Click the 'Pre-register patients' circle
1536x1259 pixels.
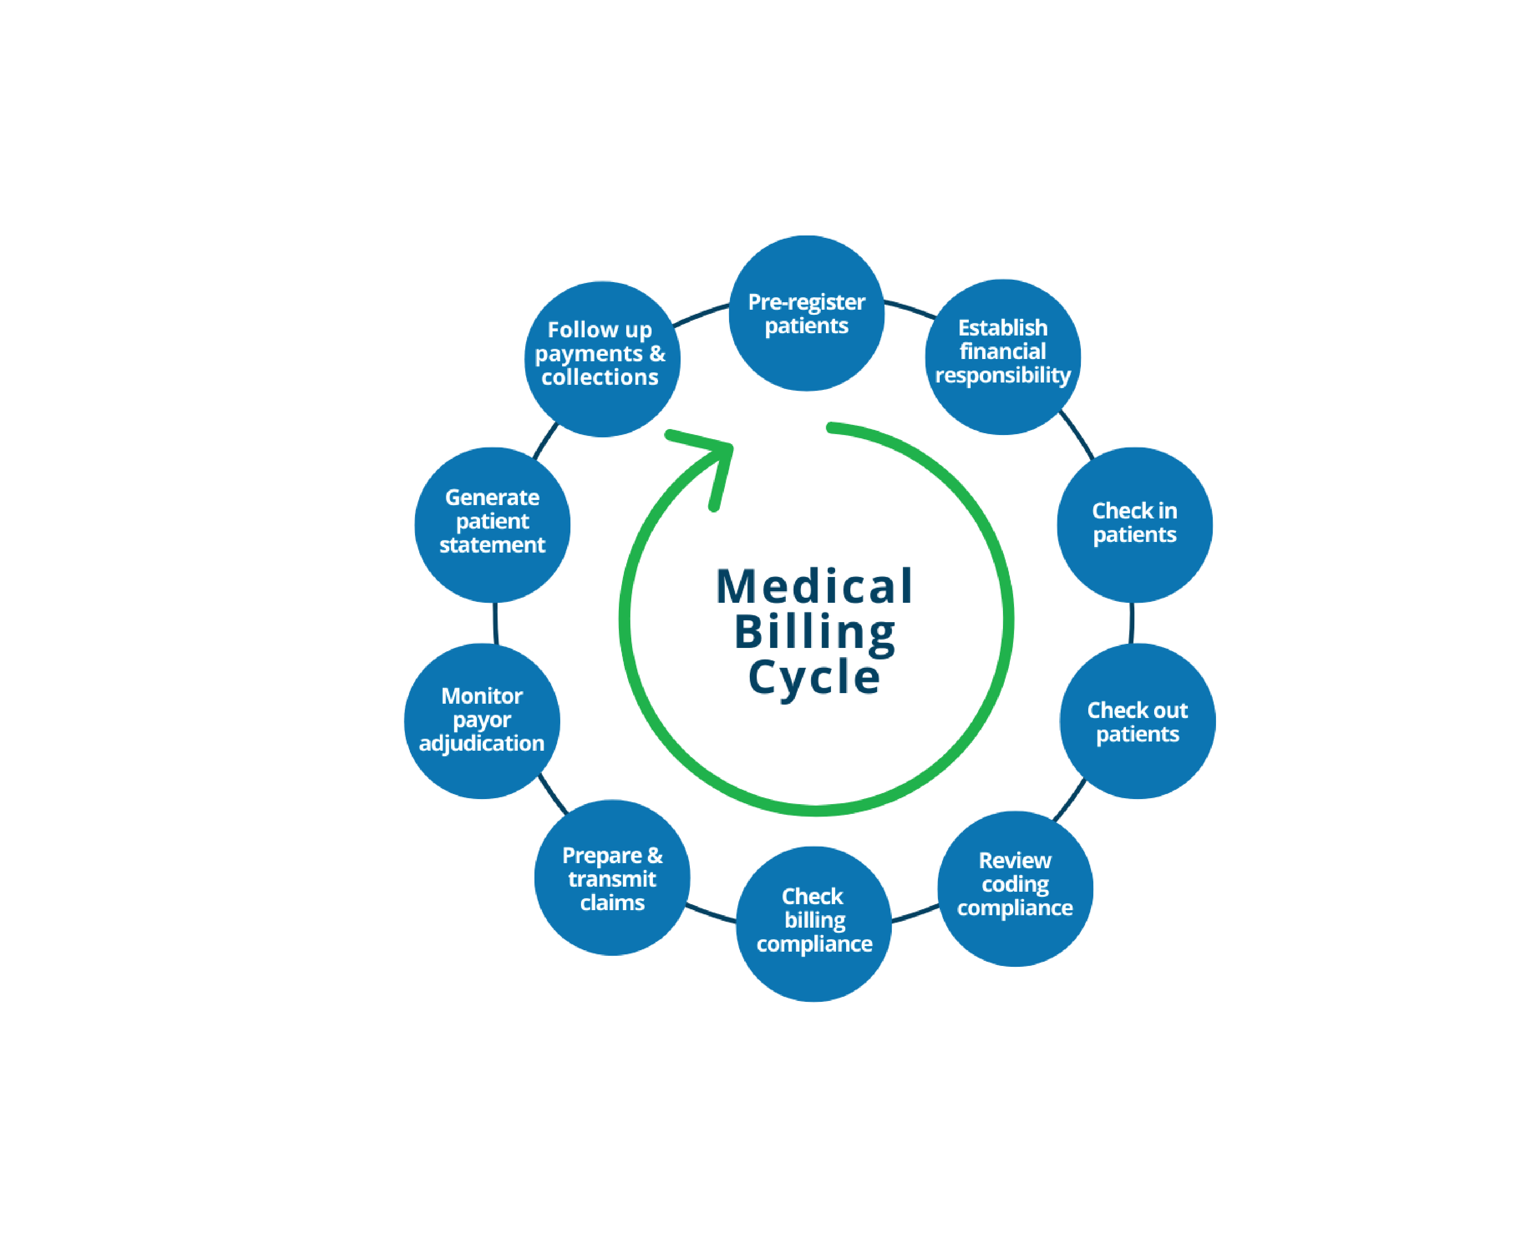[806, 313]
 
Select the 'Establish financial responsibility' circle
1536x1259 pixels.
[1003, 357]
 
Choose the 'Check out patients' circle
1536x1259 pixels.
[1137, 722]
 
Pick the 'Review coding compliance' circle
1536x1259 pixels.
[1014, 888]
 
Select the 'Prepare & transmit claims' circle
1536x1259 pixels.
[611, 877]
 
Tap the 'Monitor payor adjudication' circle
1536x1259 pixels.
[482, 721]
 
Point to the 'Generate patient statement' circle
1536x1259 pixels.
[492, 524]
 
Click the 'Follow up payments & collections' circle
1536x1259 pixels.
[601, 359]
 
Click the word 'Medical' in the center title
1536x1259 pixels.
[813, 586]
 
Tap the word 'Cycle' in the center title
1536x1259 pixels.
[814, 677]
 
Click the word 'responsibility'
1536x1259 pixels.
[1003, 376]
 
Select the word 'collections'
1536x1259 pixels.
[600, 377]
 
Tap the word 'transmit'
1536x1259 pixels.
[611, 879]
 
